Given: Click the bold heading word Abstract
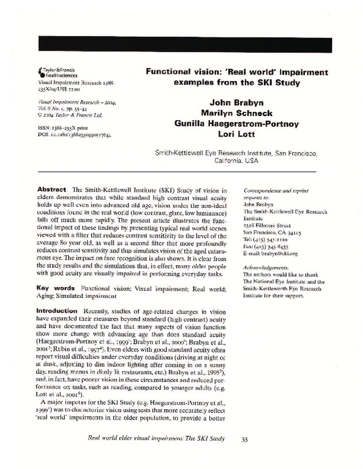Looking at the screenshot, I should pos(51,190).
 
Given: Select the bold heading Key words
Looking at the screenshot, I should pos(56,288).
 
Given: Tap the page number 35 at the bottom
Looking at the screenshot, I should pos(245,456).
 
